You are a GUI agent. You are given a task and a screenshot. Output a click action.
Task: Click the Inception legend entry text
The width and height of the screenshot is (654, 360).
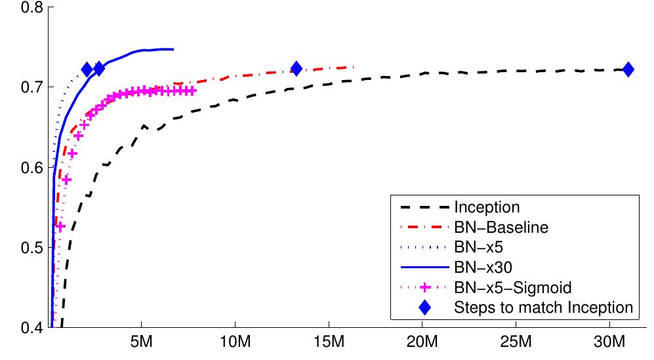tap(487, 208)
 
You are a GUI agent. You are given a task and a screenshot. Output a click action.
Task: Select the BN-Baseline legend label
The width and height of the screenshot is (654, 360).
tap(501, 228)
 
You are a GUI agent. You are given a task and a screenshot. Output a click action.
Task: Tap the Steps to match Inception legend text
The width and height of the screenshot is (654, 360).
tap(544, 306)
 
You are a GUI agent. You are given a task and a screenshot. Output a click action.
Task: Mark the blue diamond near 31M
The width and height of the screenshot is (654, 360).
tap(628, 70)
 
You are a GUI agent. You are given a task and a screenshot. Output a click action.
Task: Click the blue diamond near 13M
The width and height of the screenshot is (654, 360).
tap(296, 68)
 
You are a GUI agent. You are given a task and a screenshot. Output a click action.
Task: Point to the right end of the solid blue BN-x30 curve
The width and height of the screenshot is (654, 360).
tap(173, 49)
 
